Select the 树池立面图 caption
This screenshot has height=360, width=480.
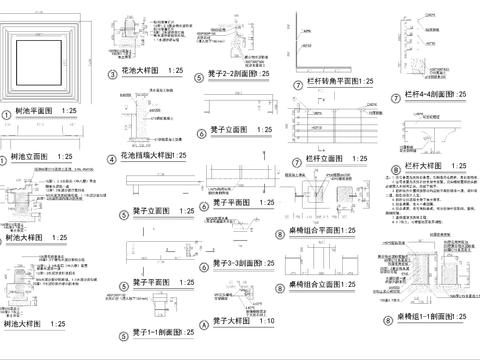[x=29, y=158]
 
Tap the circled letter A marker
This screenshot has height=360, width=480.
[x=204, y=297]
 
